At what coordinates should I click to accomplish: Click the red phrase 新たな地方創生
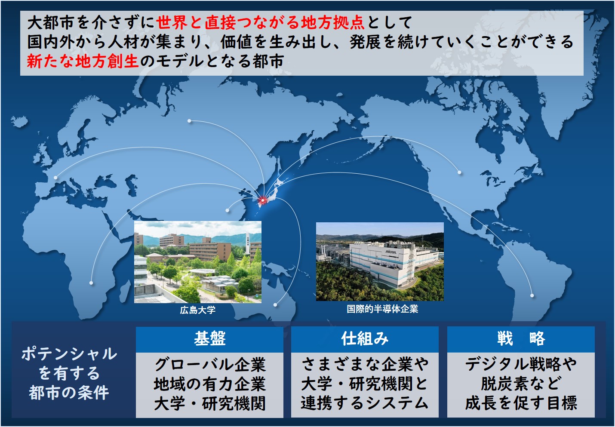pyautogui.click(x=83, y=61)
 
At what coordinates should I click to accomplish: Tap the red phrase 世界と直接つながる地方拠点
pyautogui.click(x=260, y=23)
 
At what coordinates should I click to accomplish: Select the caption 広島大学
pyautogui.click(x=198, y=310)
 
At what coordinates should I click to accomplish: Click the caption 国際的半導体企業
pyautogui.click(x=382, y=309)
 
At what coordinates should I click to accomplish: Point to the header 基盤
pyautogui.click(x=209, y=339)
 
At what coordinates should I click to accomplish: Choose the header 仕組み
pyautogui.click(x=365, y=339)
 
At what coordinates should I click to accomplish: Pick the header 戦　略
pyautogui.click(x=521, y=339)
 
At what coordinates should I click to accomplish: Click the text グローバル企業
pyautogui.click(x=210, y=365)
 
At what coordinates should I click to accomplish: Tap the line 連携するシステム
pyautogui.click(x=365, y=403)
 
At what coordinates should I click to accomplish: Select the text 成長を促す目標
pyautogui.click(x=521, y=403)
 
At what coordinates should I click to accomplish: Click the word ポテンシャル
pyautogui.click(x=69, y=354)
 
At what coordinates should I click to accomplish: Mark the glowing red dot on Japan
pyautogui.click(x=262, y=200)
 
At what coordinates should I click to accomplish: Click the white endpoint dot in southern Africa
pyautogui.click(x=91, y=283)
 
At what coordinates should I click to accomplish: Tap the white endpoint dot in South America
pyautogui.click(x=532, y=295)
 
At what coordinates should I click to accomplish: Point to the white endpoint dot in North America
pyautogui.click(x=459, y=172)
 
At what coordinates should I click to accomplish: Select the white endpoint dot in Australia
pyautogui.click(x=275, y=305)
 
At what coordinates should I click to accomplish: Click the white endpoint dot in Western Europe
pyautogui.click(x=55, y=178)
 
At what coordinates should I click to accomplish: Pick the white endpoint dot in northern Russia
pyautogui.click(x=189, y=121)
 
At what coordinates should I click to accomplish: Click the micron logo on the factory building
pyautogui.click(x=391, y=252)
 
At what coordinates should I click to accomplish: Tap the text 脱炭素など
pyautogui.click(x=521, y=384)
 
